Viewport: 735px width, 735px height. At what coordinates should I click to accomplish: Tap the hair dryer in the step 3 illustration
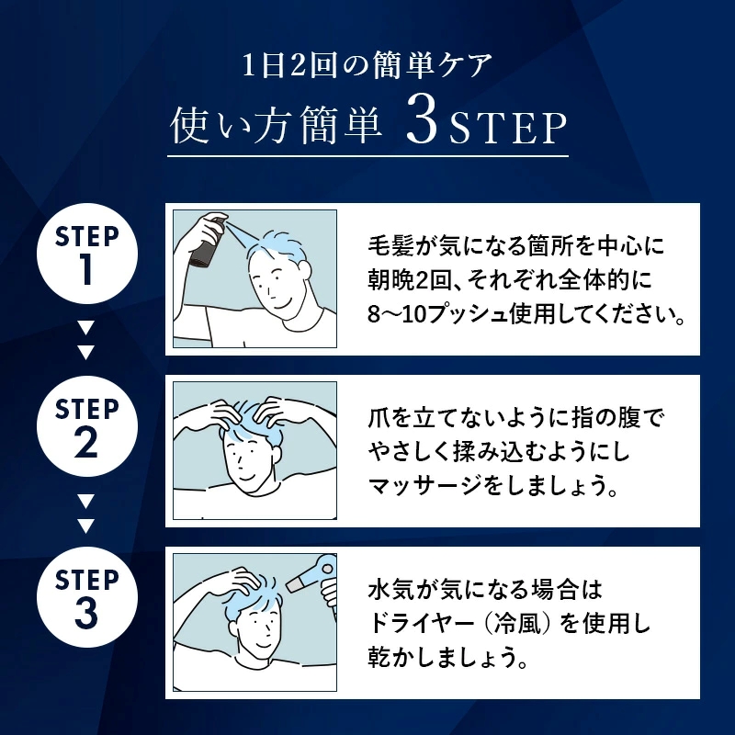click(x=310, y=574)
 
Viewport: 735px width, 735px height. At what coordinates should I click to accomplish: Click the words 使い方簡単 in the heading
click(x=276, y=129)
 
